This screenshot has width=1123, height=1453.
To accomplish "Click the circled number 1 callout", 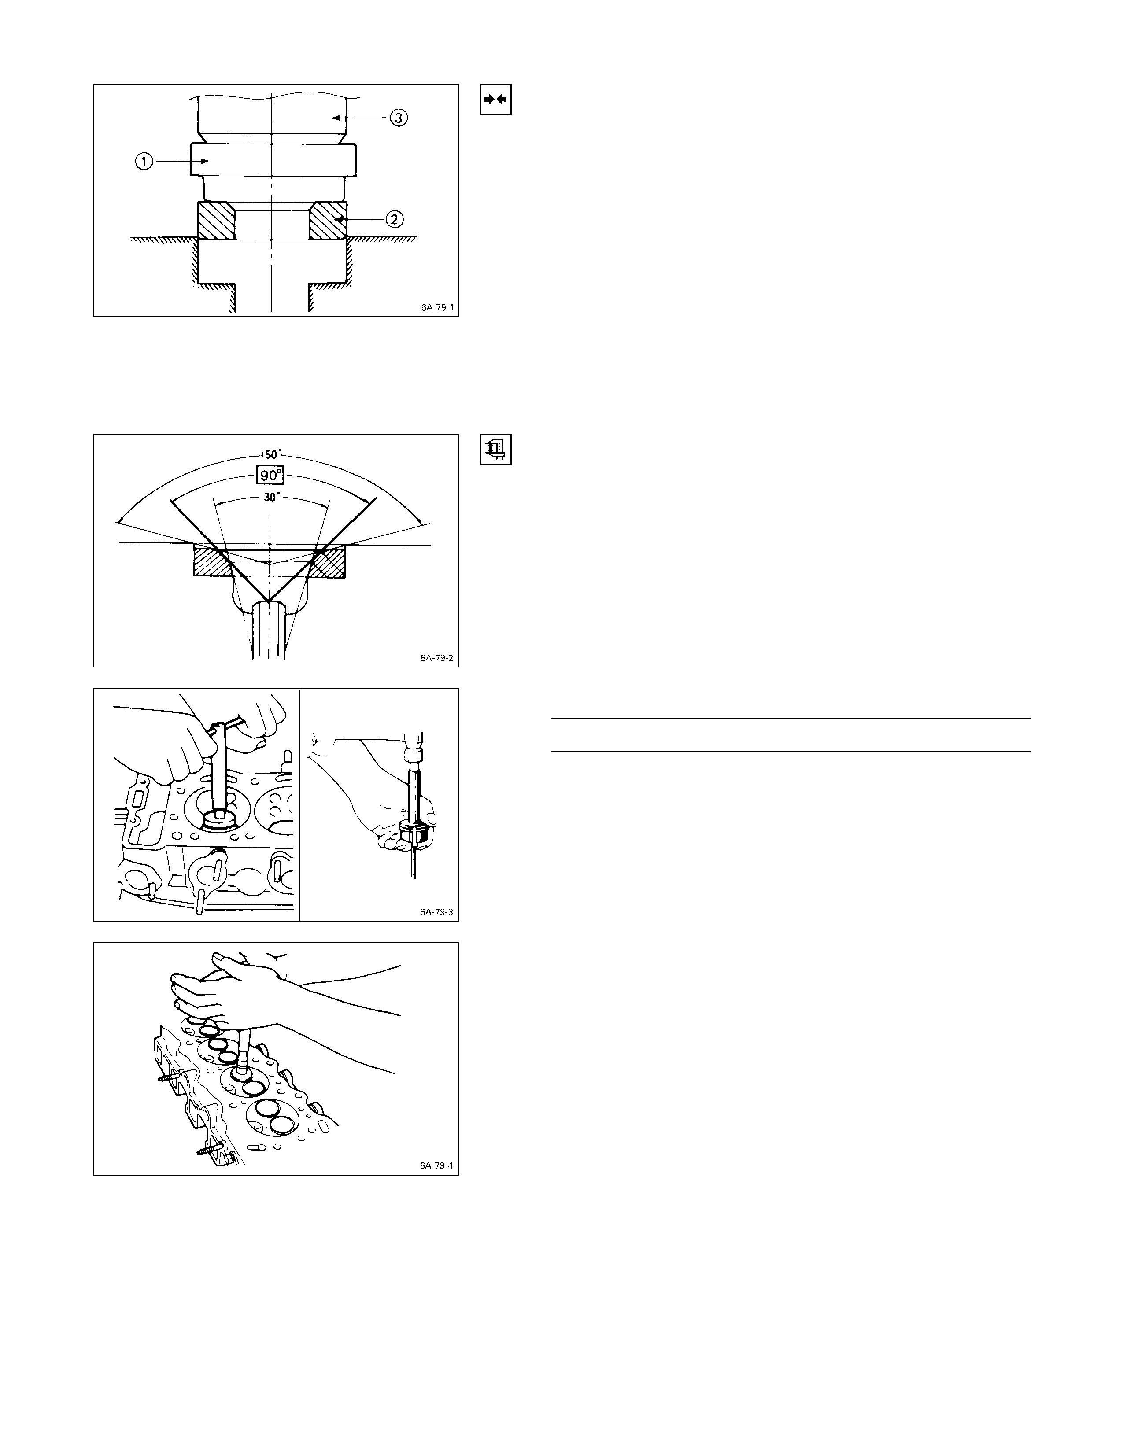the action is [144, 161].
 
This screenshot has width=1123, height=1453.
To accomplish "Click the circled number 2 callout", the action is [395, 219].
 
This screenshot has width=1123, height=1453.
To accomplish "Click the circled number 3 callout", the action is [398, 118].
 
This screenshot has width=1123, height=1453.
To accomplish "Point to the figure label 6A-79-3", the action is [436, 912].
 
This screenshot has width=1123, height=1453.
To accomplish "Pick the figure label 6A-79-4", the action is [436, 1166].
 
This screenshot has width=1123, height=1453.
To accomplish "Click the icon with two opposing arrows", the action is [495, 100].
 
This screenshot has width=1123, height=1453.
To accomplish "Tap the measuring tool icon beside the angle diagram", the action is [495, 450].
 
